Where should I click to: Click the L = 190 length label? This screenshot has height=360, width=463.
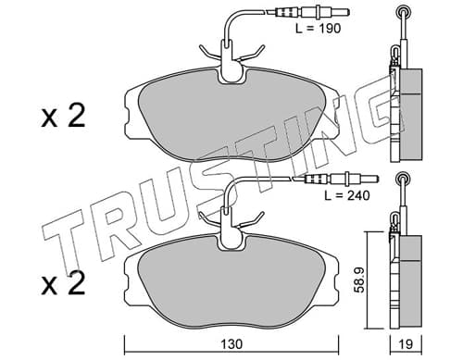click(318, 29)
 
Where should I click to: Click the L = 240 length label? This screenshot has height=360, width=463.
click(347, 195)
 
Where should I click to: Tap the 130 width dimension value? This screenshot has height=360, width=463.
click(231, 344)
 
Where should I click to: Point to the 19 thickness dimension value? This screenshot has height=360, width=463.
click(406, 344)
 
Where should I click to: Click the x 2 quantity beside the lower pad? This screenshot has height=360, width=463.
click(63, 284)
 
